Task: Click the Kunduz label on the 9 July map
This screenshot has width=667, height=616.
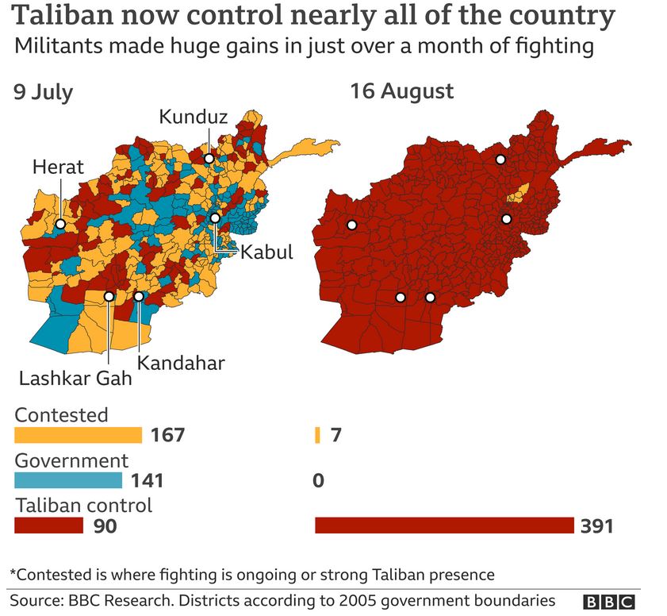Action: point(194,117)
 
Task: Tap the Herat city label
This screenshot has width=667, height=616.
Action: point(58,167)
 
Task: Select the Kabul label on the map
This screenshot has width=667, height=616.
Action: point(266,253)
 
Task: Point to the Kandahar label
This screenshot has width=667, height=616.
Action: point(181,363)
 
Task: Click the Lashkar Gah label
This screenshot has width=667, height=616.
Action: point(75,378)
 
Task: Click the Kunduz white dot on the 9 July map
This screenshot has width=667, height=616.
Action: point(209,159)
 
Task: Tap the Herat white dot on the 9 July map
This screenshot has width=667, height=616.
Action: point(60,224)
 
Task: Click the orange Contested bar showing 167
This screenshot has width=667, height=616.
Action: point(78,435)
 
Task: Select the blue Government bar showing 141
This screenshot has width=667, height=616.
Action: point(68,480)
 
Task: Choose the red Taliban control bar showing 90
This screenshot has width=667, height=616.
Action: point(48,526)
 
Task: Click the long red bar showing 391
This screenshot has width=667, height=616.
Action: point(444,526)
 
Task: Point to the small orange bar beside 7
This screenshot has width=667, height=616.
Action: point(317,435)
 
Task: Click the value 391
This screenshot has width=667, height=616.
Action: point(596,526)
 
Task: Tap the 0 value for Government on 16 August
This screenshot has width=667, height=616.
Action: point(319,480)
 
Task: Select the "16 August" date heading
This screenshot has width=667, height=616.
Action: point(402,91)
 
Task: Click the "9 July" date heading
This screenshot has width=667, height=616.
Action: point(43,92)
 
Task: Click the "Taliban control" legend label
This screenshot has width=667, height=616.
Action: point(83,505)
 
